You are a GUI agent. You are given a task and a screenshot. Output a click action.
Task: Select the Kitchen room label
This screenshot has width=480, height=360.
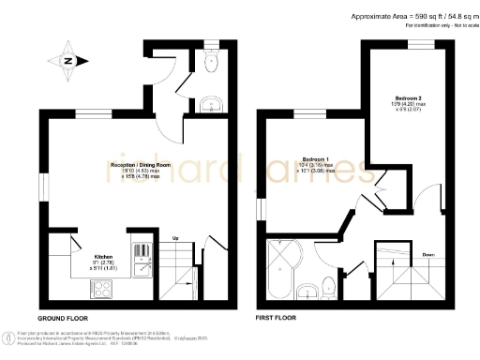click(x=102, y=254)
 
